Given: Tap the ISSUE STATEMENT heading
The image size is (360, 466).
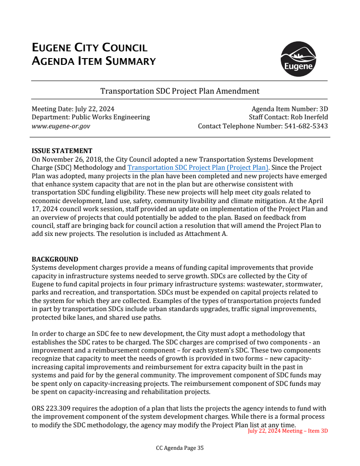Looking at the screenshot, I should (62, 151).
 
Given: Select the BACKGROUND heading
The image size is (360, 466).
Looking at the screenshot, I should (55, 259).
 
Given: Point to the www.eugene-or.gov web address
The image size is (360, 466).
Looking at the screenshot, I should (61, 126).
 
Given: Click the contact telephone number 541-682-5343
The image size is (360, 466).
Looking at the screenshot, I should (306, 126).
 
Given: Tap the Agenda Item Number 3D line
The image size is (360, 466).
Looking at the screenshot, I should (289, 109).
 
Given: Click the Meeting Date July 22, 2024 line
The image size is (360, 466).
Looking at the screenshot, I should (73, 109).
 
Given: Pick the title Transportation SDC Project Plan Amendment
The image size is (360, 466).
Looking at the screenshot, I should (180, 91).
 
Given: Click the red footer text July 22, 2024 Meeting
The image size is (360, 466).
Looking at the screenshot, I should (288, 431).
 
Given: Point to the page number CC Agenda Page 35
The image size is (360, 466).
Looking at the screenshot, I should (180, 448).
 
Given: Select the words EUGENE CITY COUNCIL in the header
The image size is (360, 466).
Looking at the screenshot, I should (90, 48).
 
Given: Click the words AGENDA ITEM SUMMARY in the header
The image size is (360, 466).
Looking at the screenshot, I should (94, 61).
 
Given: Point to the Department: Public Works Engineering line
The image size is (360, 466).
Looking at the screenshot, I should (90, 117).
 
